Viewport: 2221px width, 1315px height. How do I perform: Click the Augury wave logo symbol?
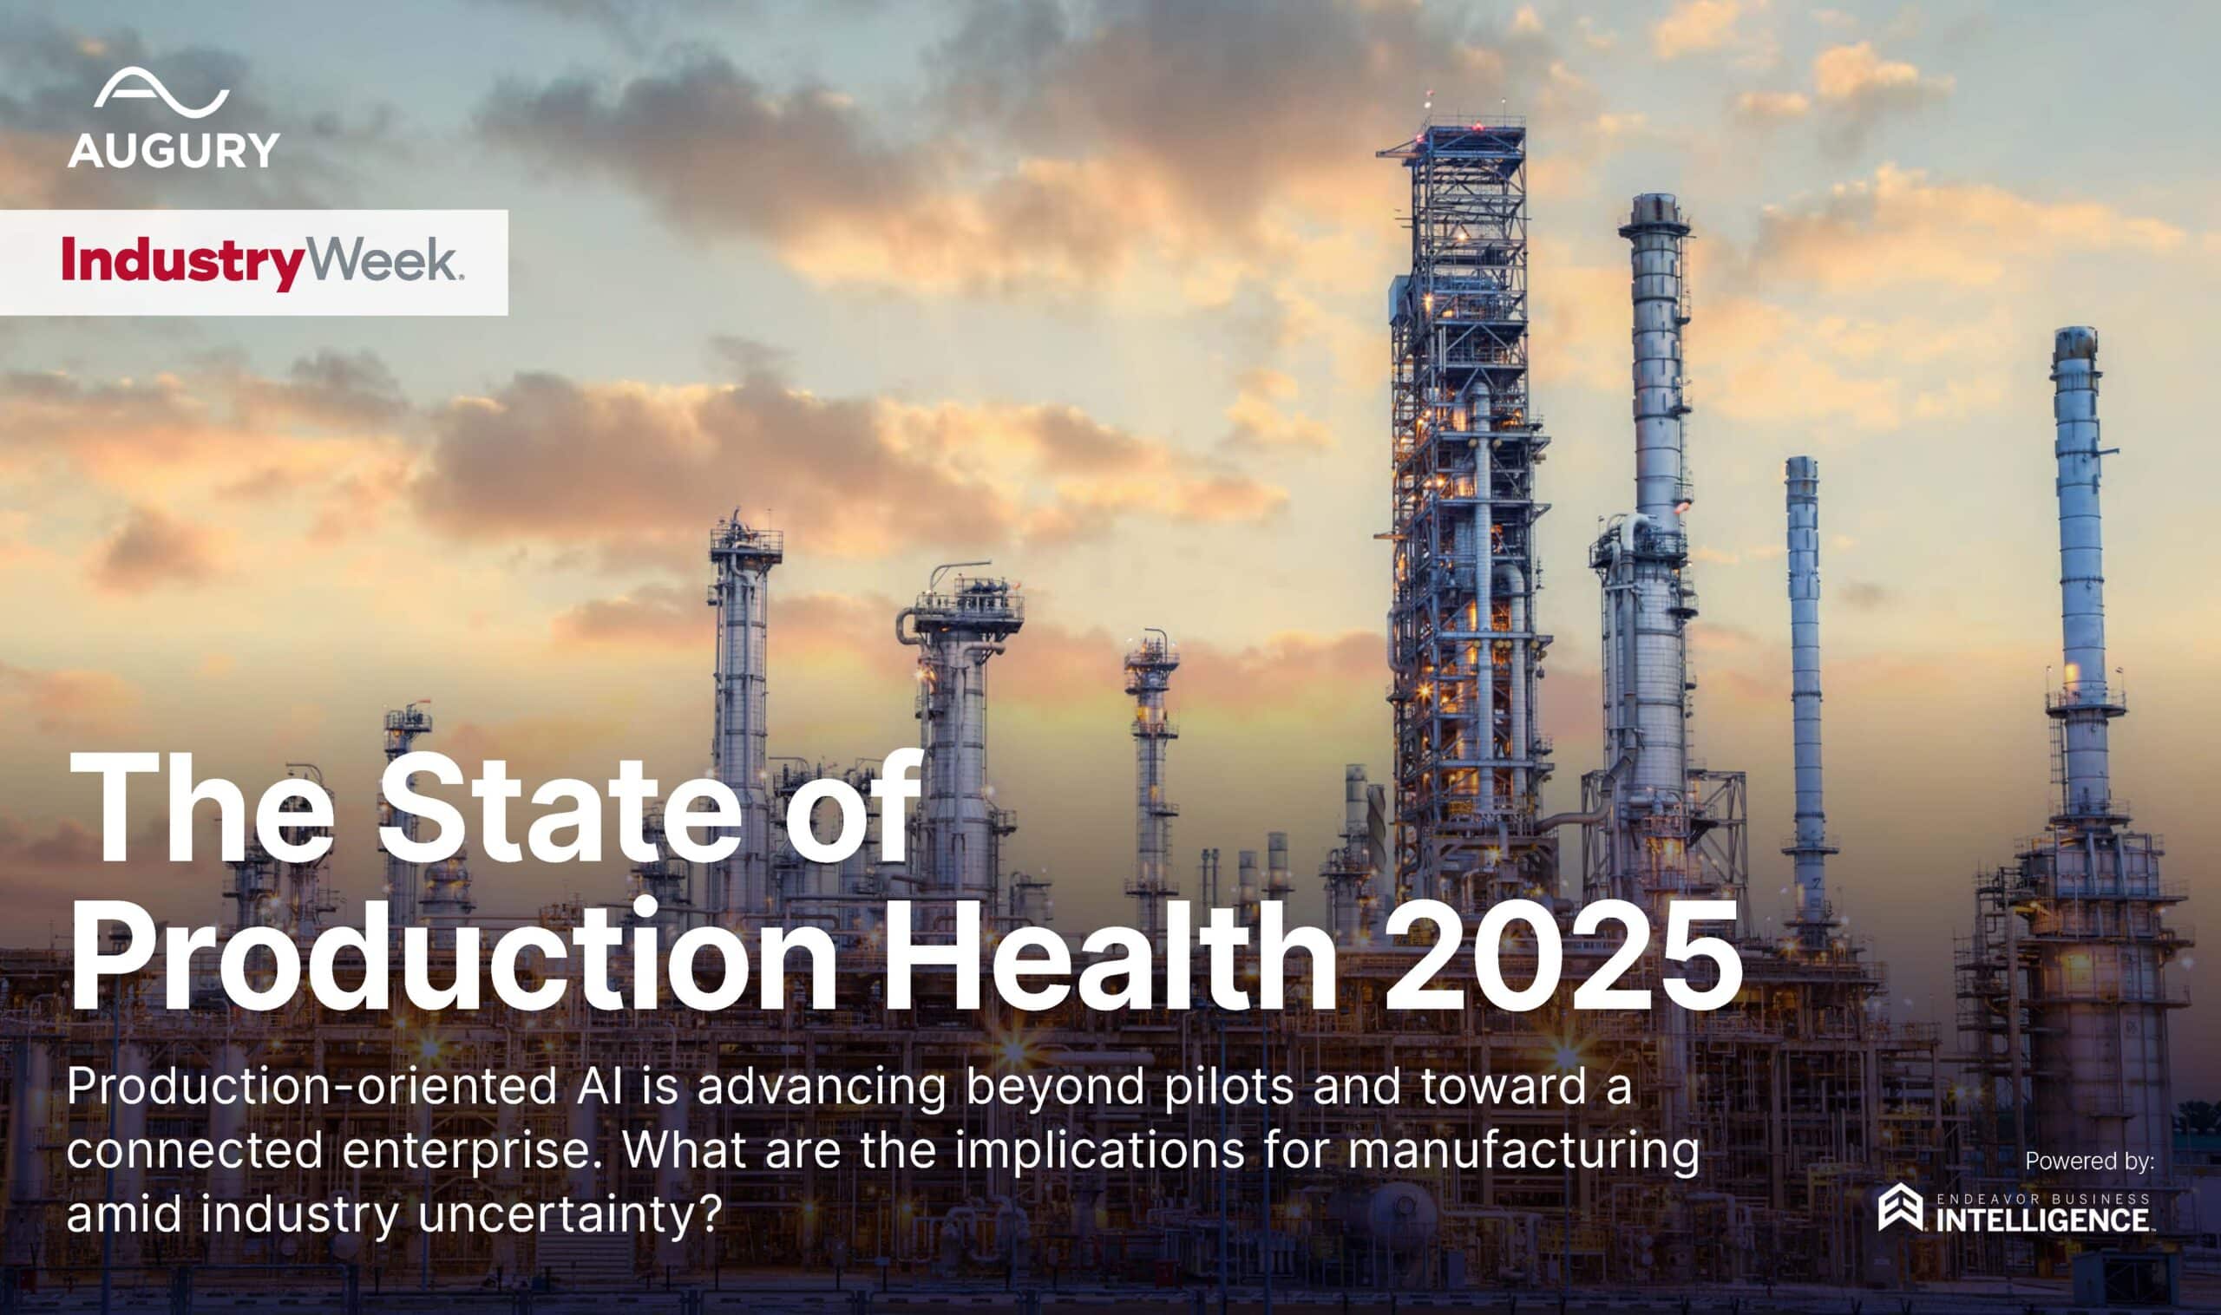(161, 91)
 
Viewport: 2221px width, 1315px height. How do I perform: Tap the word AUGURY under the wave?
(174, 151)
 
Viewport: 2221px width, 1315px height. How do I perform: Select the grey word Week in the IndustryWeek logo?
(382, 261)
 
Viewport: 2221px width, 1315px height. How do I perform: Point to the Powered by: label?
(2089, 1161)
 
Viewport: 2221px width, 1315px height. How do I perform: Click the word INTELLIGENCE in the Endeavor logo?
(2046, 1220)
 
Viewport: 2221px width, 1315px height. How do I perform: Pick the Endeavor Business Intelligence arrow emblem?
(1900, 1207)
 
